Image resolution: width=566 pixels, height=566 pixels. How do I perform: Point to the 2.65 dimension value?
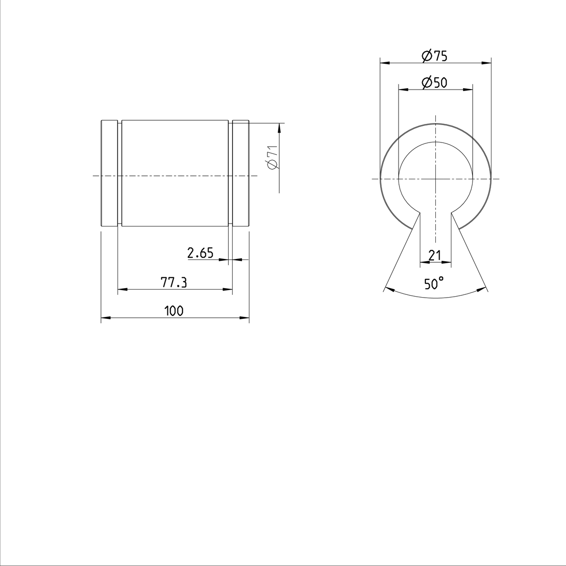[200, 253]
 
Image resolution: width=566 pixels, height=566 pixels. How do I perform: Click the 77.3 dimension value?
[174, 283]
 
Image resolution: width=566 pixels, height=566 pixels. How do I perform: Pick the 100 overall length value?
[174, 311]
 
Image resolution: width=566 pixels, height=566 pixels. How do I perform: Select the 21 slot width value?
[434, 255]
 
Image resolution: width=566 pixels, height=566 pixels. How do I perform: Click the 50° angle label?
[433, 283]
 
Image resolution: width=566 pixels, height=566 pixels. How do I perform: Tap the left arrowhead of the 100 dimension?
[105, 318]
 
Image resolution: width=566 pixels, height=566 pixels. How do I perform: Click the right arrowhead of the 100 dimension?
[245, 318]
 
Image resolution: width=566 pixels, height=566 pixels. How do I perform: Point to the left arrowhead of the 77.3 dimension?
[122, 289]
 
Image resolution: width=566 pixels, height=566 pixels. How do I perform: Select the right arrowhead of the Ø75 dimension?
[487, 63]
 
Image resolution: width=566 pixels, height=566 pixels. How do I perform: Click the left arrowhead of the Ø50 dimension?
[402, 89]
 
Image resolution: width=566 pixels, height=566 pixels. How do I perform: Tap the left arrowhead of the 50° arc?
[389, 289]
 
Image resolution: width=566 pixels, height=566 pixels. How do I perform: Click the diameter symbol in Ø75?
[425, 56]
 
